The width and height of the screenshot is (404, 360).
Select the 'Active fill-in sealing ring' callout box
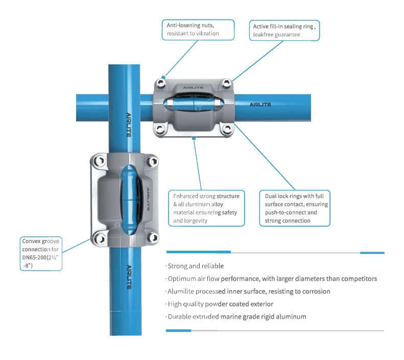click(286, 30)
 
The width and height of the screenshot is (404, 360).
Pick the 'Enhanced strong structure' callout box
click(207, 208)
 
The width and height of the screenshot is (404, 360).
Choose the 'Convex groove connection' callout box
click(40, 253)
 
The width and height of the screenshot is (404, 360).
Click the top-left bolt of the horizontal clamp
click(161, 83)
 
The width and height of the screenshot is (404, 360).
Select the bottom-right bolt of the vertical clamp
click(152, 237)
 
